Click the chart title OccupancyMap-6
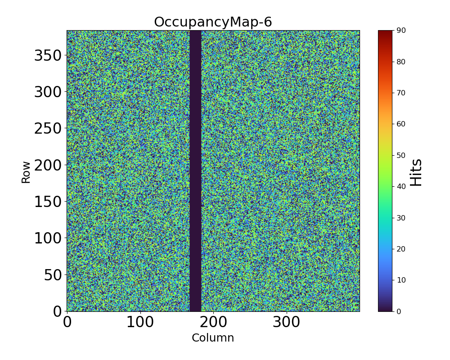213,22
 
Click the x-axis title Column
213,338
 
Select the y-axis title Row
26,172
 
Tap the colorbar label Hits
416,172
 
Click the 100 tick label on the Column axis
140,322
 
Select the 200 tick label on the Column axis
213,322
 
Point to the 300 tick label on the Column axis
287,322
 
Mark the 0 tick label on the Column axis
67,322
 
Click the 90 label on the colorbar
400,31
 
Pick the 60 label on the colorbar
400,124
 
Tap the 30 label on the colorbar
400,218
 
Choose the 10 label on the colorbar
400,280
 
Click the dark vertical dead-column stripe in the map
195,171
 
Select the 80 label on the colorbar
400,62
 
